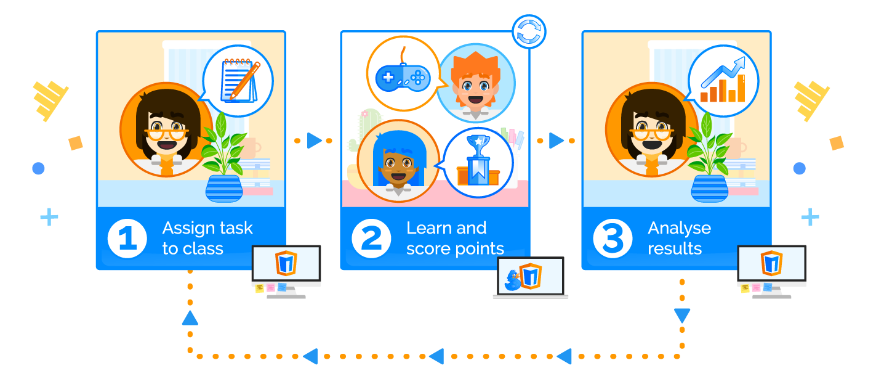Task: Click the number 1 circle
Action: coord(127,239)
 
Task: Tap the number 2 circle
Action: coord(371,239)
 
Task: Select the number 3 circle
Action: coord(613,239)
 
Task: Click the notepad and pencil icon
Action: coord(238,80)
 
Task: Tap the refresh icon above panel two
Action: coord(529,31)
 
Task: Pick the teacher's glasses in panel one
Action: coord(166,132)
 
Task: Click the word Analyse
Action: coord(679,228)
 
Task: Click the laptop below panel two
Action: coord(531,277)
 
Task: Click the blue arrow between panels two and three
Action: coord(557,141)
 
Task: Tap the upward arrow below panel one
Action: coord(190,318)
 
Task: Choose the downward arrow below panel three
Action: coord(681,316)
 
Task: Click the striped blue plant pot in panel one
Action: coord(223,189)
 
